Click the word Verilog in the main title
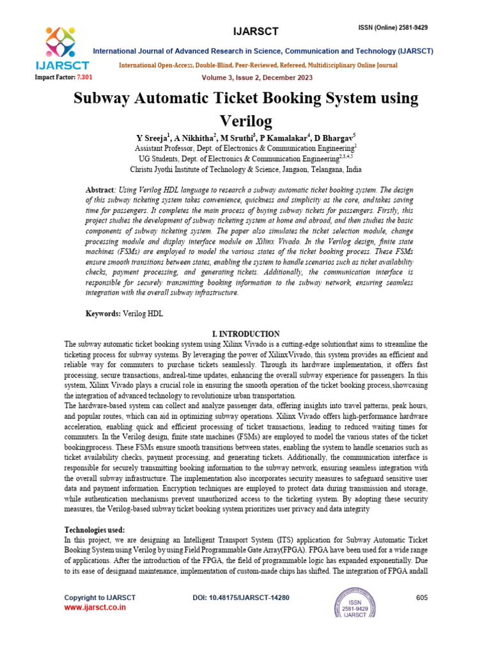[245, 120]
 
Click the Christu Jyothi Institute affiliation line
[245, 170]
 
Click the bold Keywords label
[103, 314]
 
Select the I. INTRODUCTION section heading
[245, 334]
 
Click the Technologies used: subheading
[95, 530]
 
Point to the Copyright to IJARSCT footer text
[100, 597]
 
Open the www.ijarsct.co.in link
[95, 608]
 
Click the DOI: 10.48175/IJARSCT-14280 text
[241, 597]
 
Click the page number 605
[421, 597]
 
